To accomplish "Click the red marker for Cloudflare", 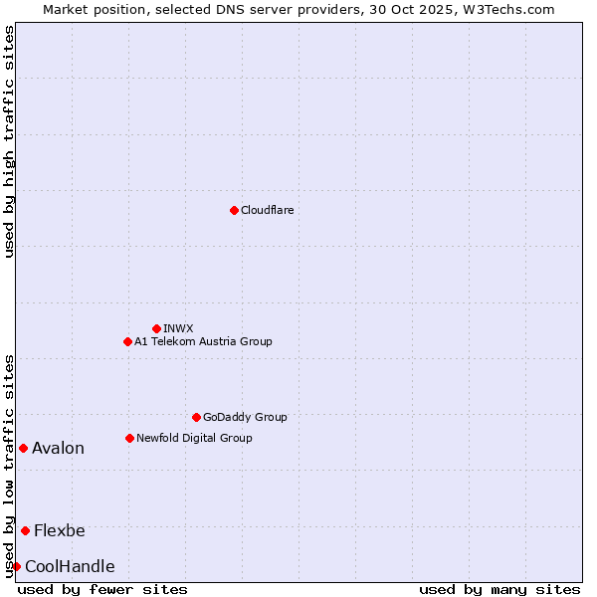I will (x=234, y=210).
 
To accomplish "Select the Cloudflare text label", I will (x=268, y=210).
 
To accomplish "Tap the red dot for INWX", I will (x=156, y=328).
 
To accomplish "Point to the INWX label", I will (x=179, y=328).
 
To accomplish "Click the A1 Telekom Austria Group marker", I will (x=127, y=341).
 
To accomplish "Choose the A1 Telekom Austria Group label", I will (x=203, y=341).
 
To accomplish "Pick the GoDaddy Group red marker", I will (x=196, y=417).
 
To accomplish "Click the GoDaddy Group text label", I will (x=245, y=417).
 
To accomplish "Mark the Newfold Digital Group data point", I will (x=129, y=438).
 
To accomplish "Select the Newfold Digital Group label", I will (x=194, y=438).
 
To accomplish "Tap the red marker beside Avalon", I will (x=23, y=448).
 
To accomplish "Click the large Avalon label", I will (x=58, y=448).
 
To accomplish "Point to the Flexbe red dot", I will (x=25, y=530).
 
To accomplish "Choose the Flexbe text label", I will (x=60, y=530).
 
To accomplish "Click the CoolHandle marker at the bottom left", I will (x=17, y=566).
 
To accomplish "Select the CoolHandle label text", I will (x=70, y=566).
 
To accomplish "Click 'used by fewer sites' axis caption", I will (x=102, y=589).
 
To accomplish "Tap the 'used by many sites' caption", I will (x=499, y=589).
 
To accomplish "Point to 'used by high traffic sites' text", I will (x=9, y=141).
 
